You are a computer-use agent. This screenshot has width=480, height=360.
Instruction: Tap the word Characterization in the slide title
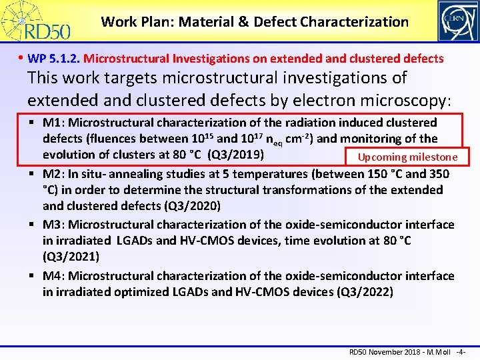pyautogui.click(x=354, y=22)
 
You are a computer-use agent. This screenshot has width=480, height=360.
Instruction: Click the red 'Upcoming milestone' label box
pyautogui.click(x=407, y=157)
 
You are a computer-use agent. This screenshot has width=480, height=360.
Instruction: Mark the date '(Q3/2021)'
pyautogui.click(x=71, y=257)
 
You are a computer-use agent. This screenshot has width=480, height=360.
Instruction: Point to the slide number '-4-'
pyautogui.click(x=460, y=351)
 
